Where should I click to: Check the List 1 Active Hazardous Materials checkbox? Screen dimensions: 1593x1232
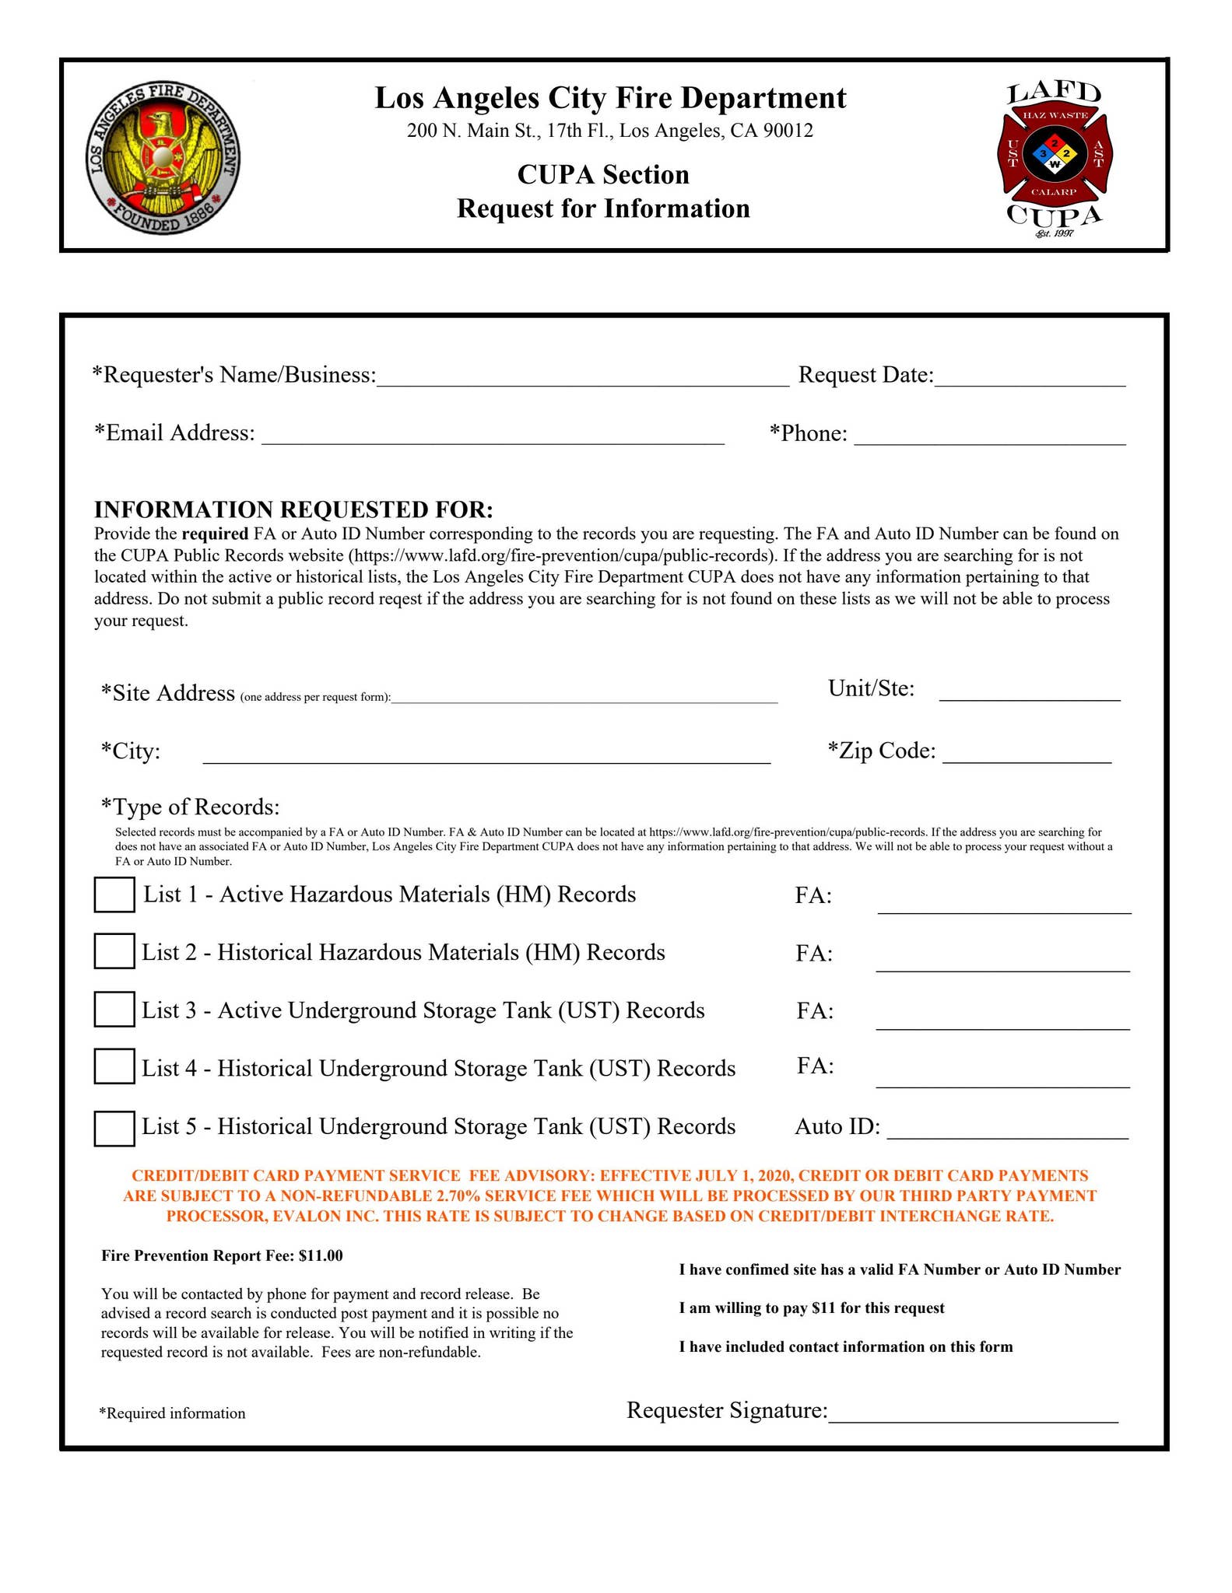[x=114, y=895]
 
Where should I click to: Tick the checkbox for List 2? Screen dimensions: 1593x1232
[x=114, y=951]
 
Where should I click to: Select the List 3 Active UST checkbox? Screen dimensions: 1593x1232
[x=114, y=1010]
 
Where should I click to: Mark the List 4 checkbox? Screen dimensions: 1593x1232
[x=114, y=1066]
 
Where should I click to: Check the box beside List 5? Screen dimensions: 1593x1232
[x=114, y=1129]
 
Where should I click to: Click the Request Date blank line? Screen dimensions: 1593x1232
[x=1030, y=378]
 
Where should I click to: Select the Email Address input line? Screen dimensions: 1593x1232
[x=493, y=436]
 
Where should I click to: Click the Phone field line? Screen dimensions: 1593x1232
[x=989, y=436]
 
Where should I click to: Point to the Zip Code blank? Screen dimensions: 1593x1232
[x=1027, y=755]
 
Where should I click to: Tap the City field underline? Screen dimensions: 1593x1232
[x=486, y=756]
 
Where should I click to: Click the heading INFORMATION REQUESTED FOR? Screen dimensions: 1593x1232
[x=293, y=509]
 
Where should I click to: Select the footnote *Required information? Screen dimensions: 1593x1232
[x=172, y=1413]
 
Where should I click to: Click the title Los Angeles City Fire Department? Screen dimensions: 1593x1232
[x=610, y=98]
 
